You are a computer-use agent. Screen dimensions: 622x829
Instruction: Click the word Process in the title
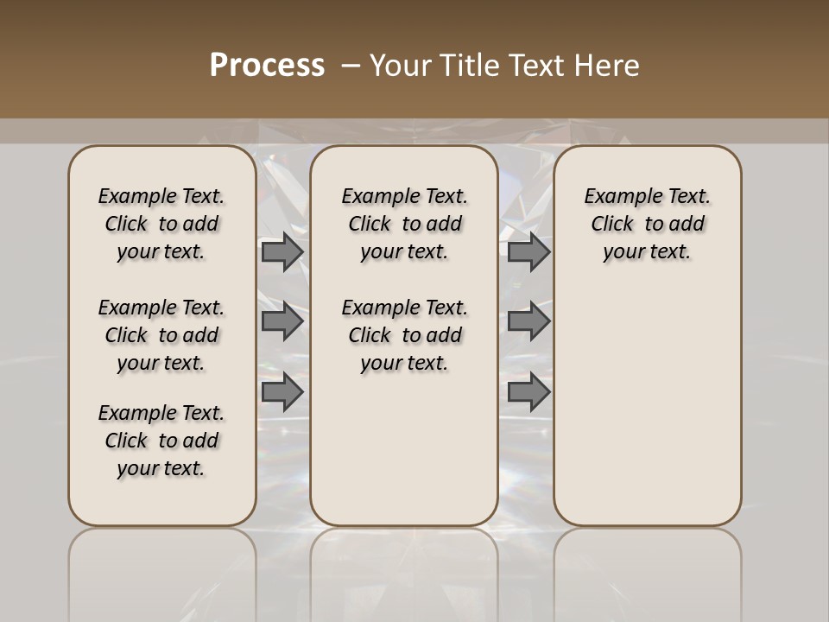267,66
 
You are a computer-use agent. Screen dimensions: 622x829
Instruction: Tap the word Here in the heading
607,66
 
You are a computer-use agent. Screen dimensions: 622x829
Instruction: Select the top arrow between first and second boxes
282,252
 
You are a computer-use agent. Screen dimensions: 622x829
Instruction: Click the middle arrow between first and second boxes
282,321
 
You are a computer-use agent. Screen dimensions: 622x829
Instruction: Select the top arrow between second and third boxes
528,252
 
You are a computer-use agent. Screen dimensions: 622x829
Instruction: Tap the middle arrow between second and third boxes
528,321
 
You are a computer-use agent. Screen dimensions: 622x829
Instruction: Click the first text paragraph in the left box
161,224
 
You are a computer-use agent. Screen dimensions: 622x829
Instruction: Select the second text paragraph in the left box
161,335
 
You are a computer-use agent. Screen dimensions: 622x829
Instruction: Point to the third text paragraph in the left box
161,441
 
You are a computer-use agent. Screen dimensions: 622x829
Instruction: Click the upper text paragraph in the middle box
404,224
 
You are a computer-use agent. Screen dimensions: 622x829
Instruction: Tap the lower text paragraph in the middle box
404,335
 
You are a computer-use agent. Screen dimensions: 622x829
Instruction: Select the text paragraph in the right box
648,224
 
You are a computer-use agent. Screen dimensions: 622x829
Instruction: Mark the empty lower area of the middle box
404,449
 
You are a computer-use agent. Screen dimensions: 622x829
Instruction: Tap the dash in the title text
351,66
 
